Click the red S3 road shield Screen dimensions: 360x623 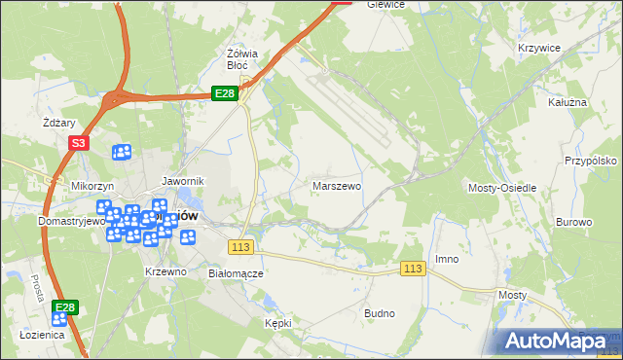point(79,143)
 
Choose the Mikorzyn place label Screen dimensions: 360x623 point(93,185)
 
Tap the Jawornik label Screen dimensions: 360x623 point(182,181)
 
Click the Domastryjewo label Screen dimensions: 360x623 point(43,222)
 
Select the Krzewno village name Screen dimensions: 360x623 point(165,271)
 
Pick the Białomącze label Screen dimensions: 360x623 point(237,273)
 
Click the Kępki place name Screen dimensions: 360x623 point(278,322)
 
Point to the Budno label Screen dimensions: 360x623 point(379,313)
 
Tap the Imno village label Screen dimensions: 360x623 point(447,259)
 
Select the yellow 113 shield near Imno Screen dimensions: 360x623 point(413,269)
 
